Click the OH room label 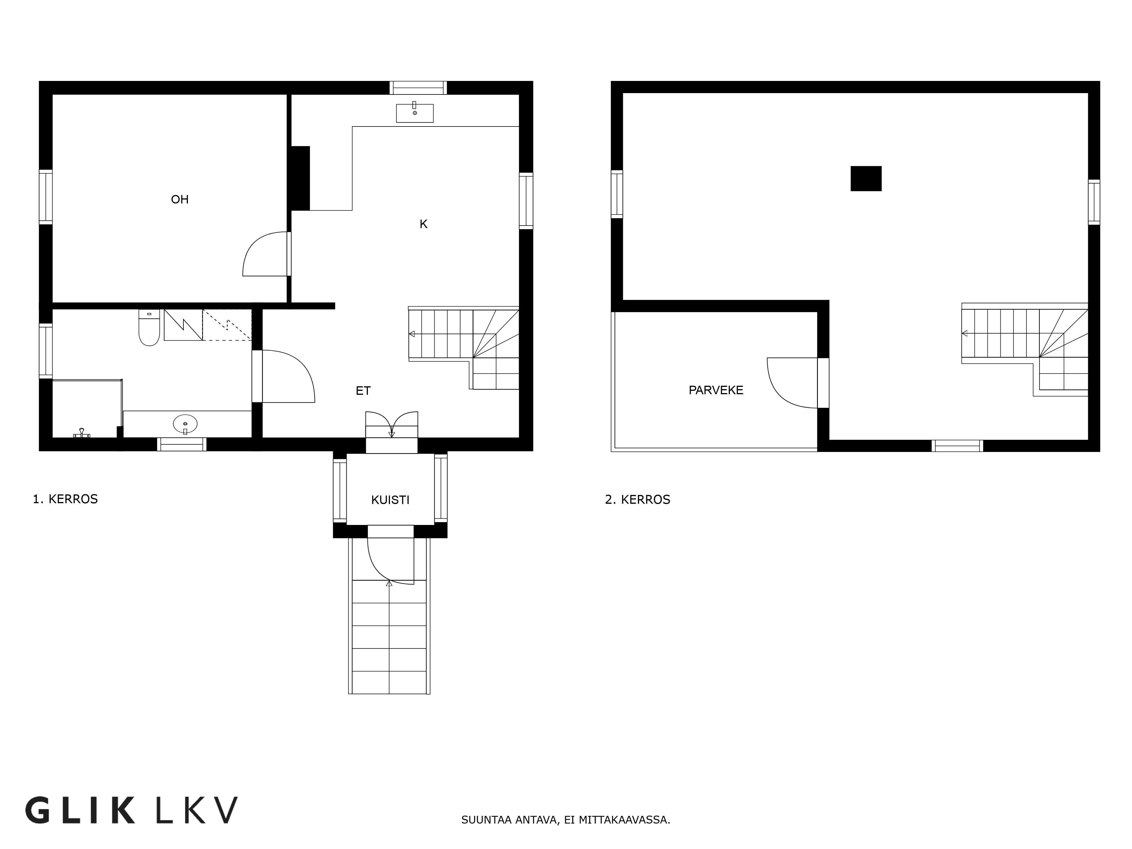point(180,199)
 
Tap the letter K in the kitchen point(423,224)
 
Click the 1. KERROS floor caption point(65,499)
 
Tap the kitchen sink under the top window point(415,113)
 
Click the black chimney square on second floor point(866,179)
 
